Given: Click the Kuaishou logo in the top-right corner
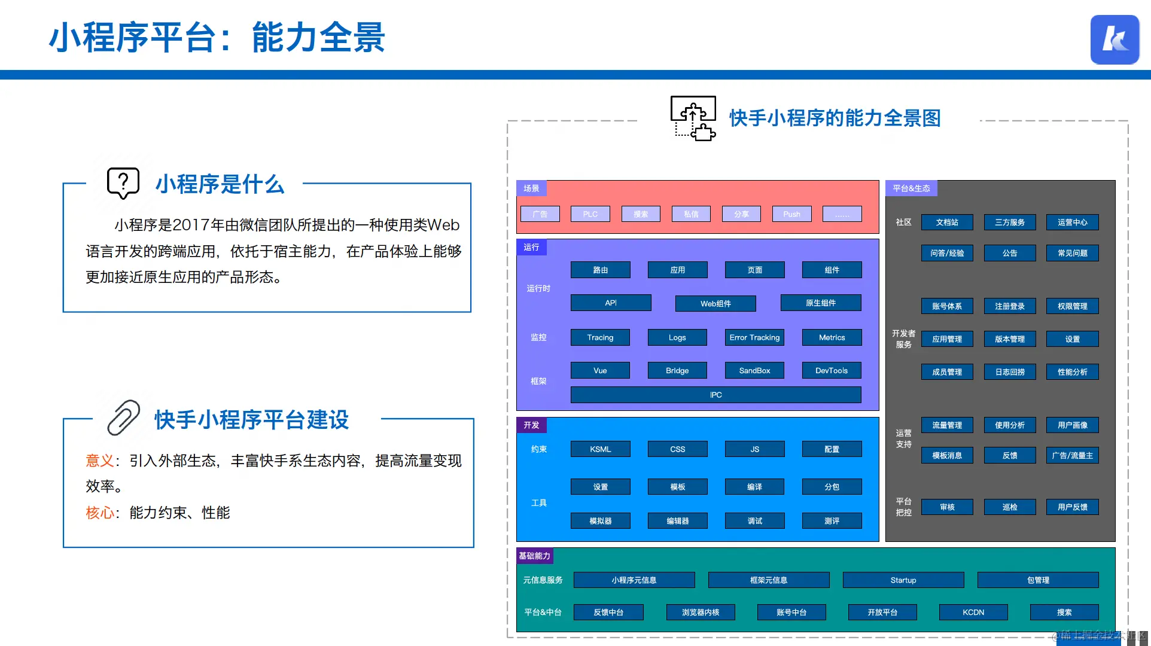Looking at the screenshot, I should [1115, 39].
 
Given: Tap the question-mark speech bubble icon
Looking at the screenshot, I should [123, 183].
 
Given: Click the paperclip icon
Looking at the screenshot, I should [123, 418].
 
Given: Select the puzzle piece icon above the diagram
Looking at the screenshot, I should [693, 118].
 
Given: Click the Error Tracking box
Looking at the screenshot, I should [754, 337].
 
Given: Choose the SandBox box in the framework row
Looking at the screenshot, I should [754, 371].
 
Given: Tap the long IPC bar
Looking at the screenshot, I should [715, 395].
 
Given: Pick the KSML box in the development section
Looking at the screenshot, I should [600, 449].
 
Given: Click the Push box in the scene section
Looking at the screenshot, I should [791, 214].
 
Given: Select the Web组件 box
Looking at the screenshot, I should [715, 304].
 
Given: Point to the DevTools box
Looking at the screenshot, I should [832, 371].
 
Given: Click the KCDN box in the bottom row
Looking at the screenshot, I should [973, 613].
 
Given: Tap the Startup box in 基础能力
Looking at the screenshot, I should [903, 580].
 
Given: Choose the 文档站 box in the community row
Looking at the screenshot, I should [947, 223].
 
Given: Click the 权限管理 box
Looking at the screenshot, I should [1072, 306].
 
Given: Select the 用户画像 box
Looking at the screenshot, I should [1072, 425].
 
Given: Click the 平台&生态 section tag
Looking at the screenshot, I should [911, 188].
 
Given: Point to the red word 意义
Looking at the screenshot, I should [99, 461].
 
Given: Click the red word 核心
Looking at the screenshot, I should [99, 513].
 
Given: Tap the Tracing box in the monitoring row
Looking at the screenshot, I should [600, 337].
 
